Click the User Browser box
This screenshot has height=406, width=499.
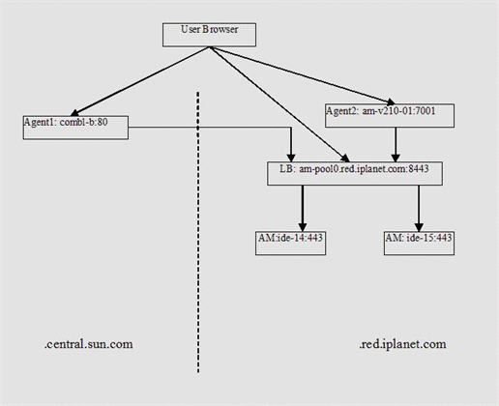(209, 34)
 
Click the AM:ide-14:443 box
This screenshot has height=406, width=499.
(290, 243)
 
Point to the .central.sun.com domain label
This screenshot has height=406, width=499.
(89, 344)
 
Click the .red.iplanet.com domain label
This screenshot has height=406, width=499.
(402, 344)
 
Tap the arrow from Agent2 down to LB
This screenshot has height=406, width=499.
(396, 145)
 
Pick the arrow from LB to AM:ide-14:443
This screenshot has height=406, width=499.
(303, 208)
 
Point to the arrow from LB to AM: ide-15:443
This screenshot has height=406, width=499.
(419, 208)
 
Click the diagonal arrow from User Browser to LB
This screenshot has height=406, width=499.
(280, 106)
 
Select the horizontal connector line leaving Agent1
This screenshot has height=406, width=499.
(213, 126)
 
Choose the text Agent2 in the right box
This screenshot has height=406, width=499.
(342, 111)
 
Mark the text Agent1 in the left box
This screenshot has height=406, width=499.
(40, 123)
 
